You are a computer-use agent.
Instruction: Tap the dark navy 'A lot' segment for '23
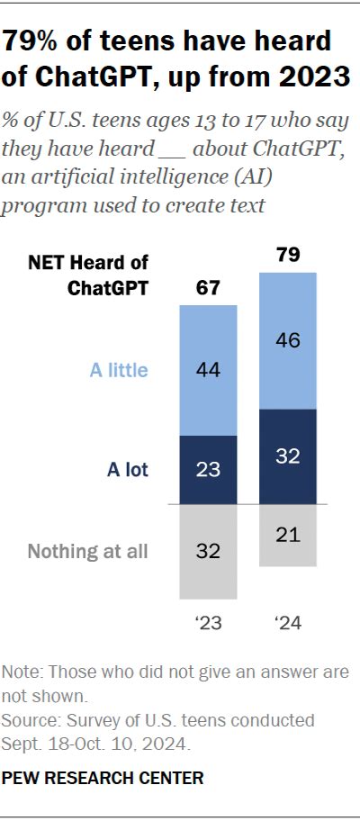coord(209,469)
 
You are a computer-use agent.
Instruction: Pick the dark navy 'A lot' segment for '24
coord(288,456)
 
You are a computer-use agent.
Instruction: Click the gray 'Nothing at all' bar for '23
coord(209,551)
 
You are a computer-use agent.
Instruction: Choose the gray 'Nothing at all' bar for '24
coord(288,535)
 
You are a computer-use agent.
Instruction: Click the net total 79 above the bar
coord(288,256)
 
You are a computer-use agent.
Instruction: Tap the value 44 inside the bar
coord(209,370)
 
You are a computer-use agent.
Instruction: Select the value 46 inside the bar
coord(288,340)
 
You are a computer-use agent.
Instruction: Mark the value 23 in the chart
coord(209,469)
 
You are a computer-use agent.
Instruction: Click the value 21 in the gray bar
coord(288,535)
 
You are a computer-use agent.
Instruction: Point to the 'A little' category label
coord(118,370)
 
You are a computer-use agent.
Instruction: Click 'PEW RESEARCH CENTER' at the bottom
coord(103,776)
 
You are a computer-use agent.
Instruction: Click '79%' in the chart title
coord(39,41)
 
